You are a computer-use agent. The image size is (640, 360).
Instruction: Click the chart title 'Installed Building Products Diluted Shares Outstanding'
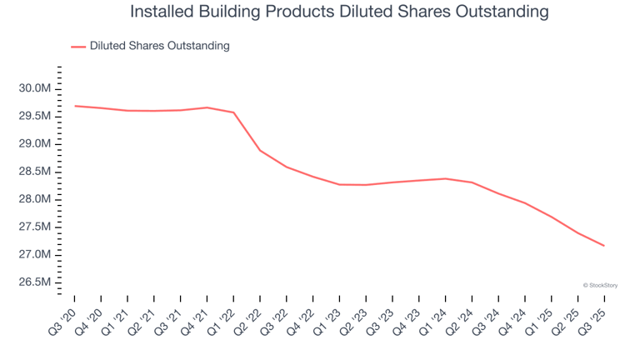339,12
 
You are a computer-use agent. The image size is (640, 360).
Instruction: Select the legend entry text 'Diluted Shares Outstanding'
159,46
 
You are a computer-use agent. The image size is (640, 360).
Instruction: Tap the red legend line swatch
78,47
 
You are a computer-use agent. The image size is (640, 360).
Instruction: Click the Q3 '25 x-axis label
593,318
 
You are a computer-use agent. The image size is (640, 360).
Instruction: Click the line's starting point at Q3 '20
74,106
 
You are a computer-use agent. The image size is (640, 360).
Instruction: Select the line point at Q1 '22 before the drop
233,112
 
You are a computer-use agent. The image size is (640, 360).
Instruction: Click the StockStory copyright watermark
600,285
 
